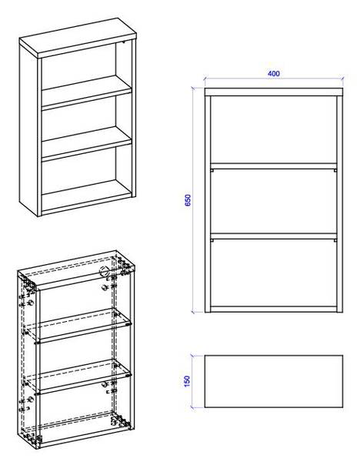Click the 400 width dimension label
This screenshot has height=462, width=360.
273,74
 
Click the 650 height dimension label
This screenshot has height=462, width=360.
188,200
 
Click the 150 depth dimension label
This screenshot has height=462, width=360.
187,381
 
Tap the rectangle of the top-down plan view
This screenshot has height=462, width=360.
274,382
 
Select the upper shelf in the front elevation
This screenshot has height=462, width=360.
274,166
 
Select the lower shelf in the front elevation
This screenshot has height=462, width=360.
274,236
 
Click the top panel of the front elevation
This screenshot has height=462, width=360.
274,92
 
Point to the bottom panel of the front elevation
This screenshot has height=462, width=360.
274,309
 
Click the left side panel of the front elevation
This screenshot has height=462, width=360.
208,204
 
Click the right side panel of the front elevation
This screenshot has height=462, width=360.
340,204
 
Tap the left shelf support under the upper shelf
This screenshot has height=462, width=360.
212,170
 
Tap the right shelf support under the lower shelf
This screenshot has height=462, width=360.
335,240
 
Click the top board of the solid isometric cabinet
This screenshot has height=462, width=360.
78,38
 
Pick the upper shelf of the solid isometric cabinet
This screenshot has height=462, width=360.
87,92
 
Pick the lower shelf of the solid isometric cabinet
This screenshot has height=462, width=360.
87,144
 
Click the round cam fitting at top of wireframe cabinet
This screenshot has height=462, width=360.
104,271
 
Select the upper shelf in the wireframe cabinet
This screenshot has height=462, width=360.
77,325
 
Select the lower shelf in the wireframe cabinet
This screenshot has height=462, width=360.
77,377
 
